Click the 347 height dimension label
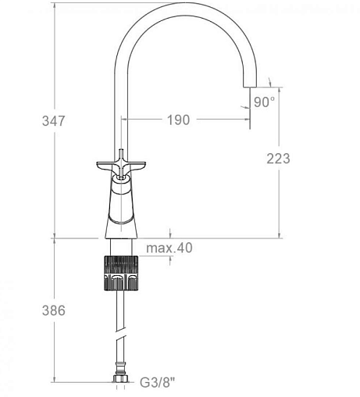pyautogui.click(x=54, y=121)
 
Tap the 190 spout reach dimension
pyautogui.click(x=178, y=120)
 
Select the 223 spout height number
pyautogui.click(x=278, y=159)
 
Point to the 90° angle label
pyautogui.click(x=264, y=102)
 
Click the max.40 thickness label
pyautogui.click(x=169, y=248)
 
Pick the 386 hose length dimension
pyautogui.click(x=54, y=310)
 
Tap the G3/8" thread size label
pyautogui.click(x=158, y=383)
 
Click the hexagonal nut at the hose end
pyautogui.click(x=120, y=378)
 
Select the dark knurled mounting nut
pyautogui.click(x=121, y=273)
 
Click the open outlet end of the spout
pyautogui.click(x=250, y=86)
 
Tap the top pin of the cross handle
pyautogui.click(x=121, y=154)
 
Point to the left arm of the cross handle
pyautogui.click(x=106, y=166)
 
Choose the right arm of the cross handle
pyautogui.click(x=134, y=166)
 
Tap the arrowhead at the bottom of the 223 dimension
pyautogui.click(x=279, y=235)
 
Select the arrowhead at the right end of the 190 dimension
pyautogui.click(x=247, y=120)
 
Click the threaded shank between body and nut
pyautogui.click(x=121, y=247)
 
